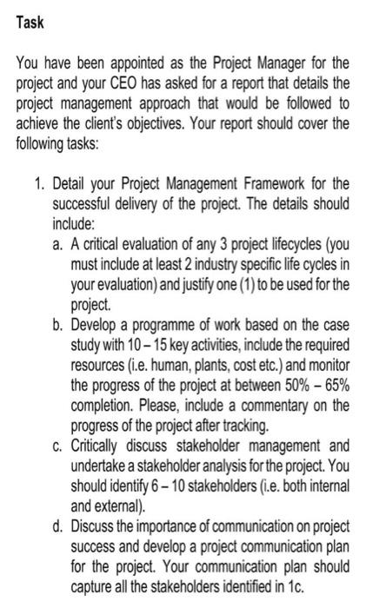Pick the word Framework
268,183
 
